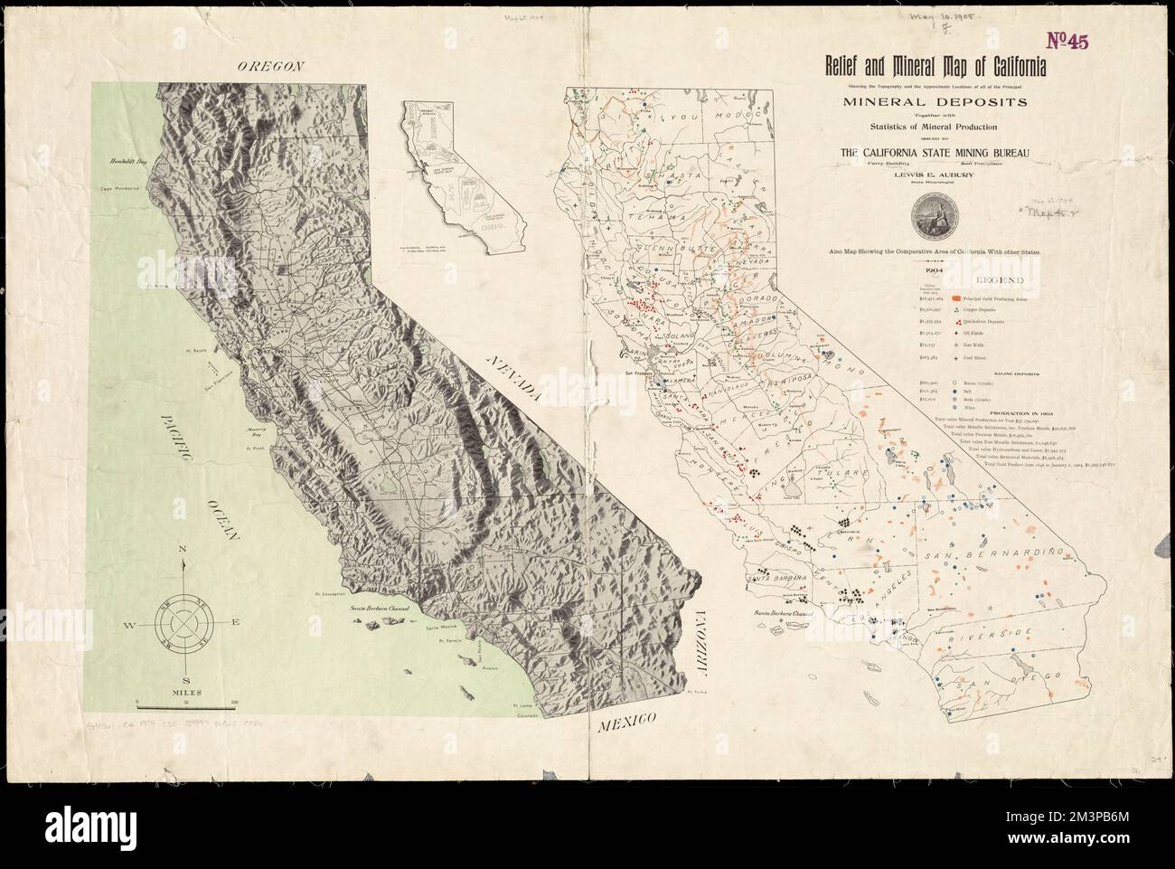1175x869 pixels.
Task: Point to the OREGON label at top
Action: (268, 65)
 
